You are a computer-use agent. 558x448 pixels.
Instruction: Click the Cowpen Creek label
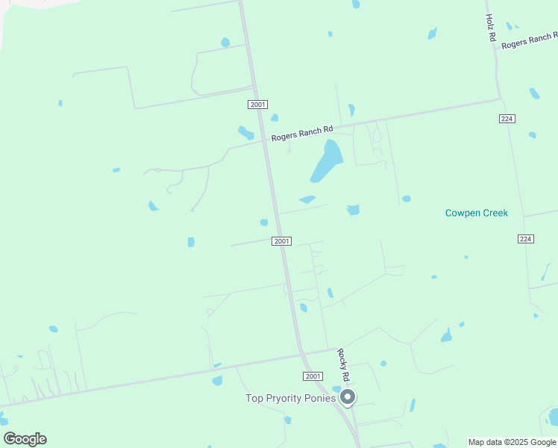click(476, 213)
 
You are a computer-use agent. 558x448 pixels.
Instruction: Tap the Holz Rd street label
click(491, 27)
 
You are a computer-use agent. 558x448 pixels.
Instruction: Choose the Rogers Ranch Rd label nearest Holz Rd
click(529, 41)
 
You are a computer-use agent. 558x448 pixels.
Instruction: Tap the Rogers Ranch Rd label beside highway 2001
click(301, 134)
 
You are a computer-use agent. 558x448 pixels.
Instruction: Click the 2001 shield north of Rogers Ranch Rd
click(258, 105)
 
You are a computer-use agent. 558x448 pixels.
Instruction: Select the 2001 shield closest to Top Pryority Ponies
click(313, 376)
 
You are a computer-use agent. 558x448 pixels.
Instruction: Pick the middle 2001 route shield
click(281, 241)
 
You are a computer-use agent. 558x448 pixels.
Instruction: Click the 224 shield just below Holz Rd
click(507, 119)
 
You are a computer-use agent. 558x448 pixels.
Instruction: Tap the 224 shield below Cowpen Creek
click(525, 238)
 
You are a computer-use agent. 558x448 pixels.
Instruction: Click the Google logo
click(25, 439)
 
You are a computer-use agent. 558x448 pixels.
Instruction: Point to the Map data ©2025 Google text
click(512, 442)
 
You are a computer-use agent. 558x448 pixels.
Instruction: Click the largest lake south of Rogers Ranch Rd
click(326, 161)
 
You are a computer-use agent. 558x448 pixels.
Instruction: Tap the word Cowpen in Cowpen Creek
click(460, 213)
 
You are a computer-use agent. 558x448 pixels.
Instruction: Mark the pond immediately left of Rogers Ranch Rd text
click(245, 133)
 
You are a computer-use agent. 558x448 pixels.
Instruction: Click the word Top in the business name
click(254, 398)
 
